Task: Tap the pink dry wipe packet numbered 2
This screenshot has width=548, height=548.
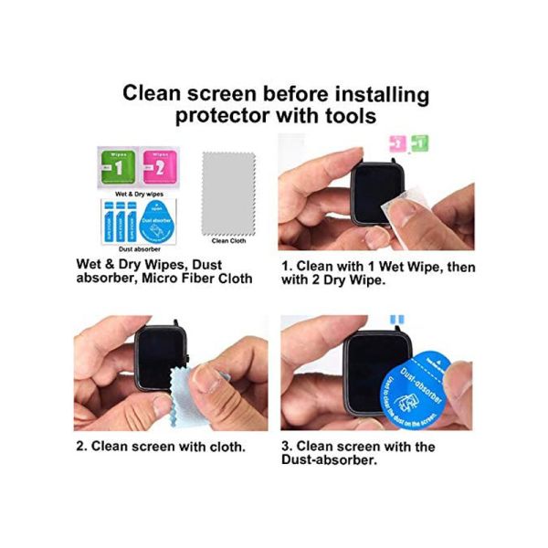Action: [x=158, y=167]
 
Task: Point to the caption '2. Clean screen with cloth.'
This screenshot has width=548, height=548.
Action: [x=160, y=447]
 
